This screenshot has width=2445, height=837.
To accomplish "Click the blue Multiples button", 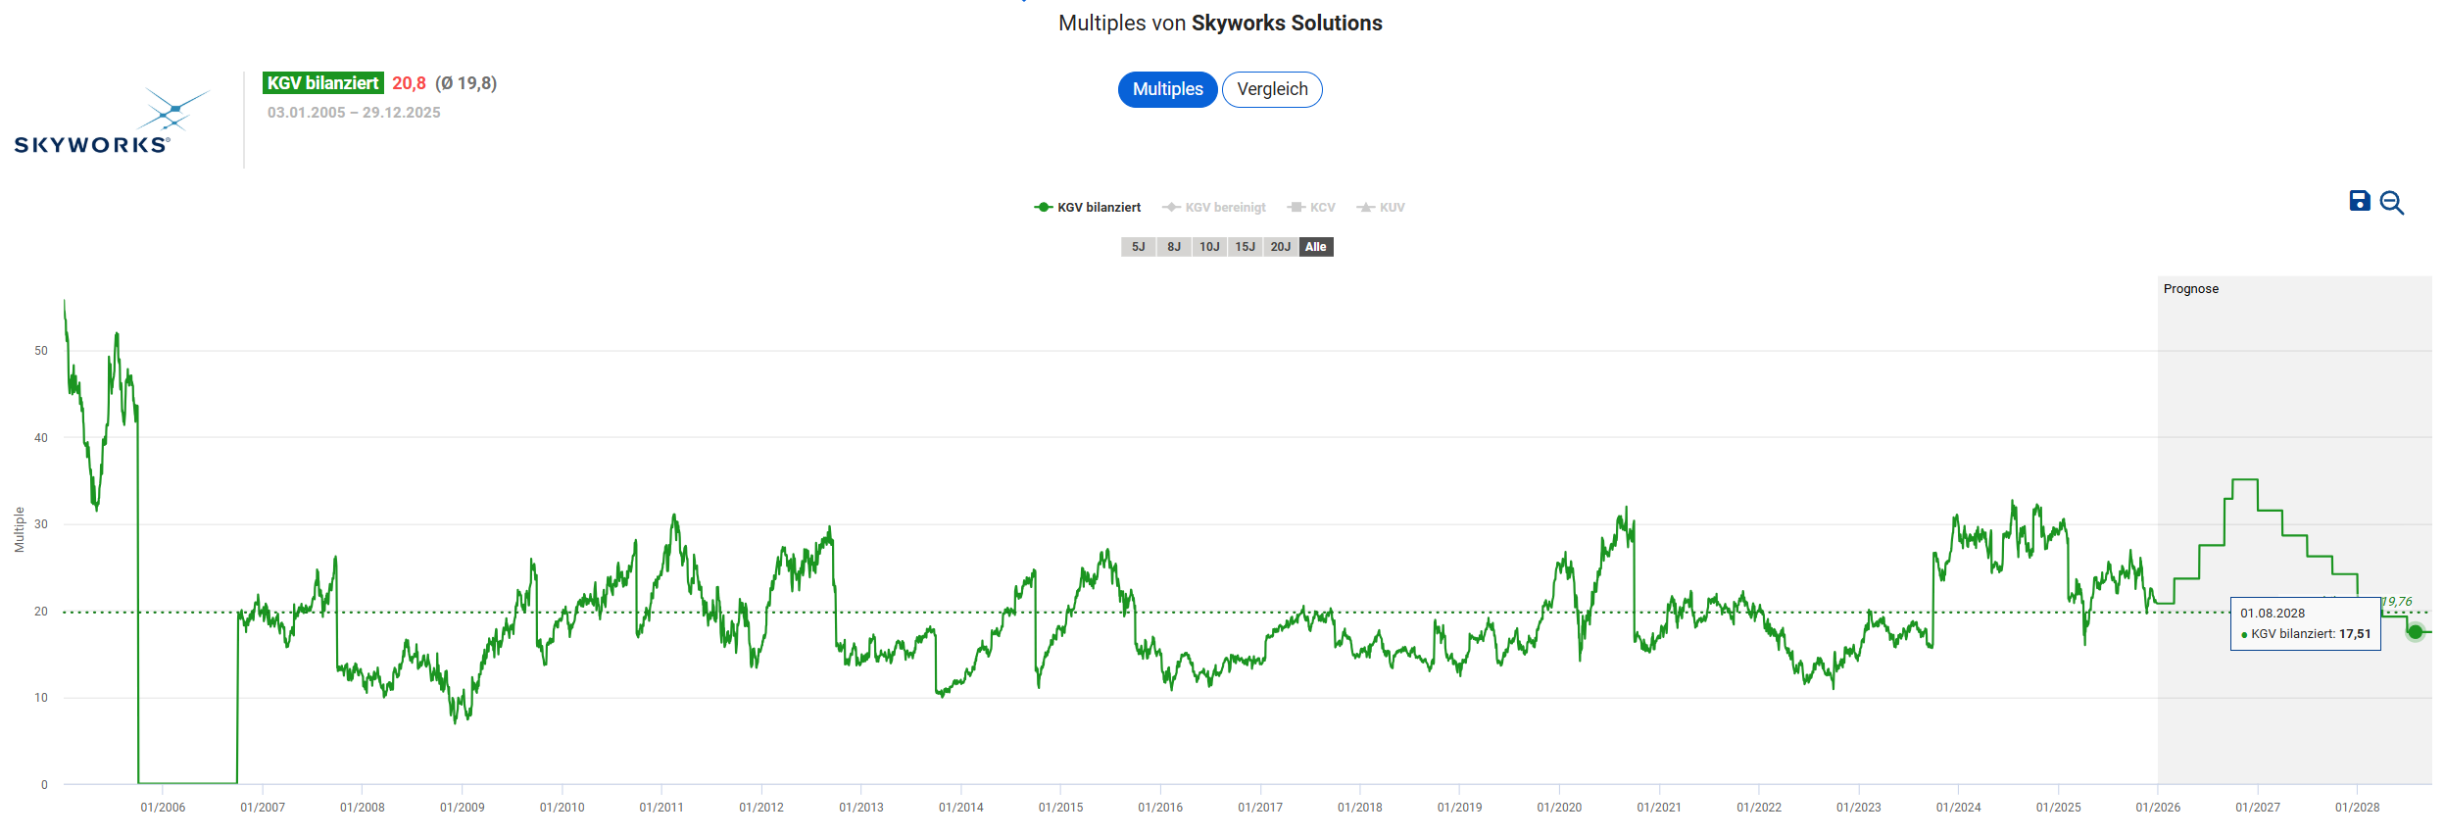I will point(1167,89).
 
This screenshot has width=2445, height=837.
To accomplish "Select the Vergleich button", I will point(1272,89).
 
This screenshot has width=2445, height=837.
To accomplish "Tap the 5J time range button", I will point(1138,247).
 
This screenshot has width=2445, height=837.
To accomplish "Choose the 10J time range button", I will point(1209,247).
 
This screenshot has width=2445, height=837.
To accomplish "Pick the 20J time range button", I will point(1280,247).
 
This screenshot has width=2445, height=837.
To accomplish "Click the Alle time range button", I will point(1316,247).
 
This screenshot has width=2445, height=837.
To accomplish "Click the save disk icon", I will point(2360,201).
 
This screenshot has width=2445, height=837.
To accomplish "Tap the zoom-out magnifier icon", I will point(2391,203).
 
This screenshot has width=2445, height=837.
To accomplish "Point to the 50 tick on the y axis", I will point(41,351).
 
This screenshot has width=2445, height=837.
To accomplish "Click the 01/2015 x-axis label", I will point(1060,808).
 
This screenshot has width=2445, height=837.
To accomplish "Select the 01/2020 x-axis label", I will point(1559,808).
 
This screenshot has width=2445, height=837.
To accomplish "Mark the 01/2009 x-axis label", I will point(462,808).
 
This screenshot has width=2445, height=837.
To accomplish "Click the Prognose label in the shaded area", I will point(2190,289).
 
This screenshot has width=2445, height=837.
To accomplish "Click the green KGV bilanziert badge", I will point(322,83).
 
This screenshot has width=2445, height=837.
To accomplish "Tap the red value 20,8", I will point(409,83).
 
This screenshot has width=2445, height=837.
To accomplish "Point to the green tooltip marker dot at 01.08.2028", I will point(2415,632).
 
